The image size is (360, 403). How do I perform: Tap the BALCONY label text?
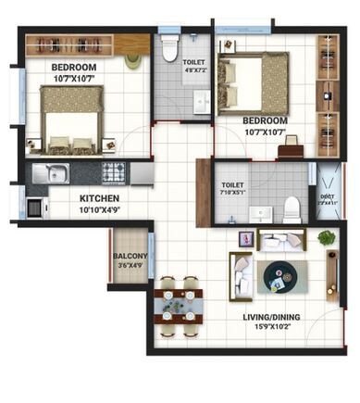tap(130, 257)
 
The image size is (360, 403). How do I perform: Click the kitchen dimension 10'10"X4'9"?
tap(98, 209)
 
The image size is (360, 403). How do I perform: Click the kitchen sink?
tap(51, 172)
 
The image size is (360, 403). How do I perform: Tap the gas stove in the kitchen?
tap(113, 172)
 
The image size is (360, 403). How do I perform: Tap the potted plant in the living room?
tap(326, 239)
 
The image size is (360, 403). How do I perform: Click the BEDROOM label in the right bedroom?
tap(265, 120)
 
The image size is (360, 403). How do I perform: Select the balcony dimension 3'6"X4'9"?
tap(130, 267)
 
